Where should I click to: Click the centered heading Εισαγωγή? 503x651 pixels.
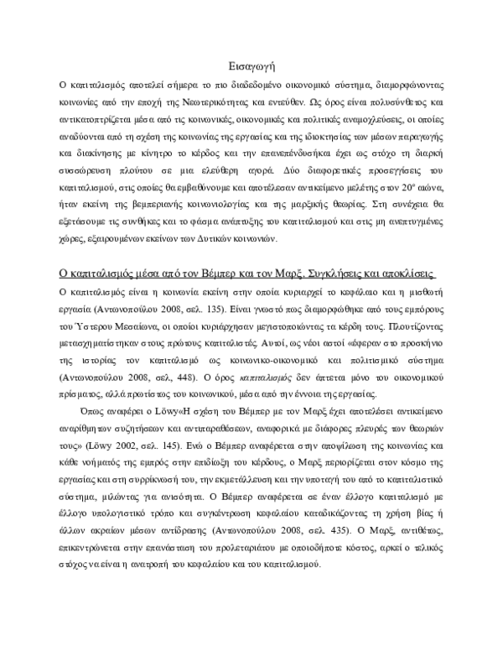coord(252,66)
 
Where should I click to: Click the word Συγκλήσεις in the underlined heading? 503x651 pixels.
coord(327,277)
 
